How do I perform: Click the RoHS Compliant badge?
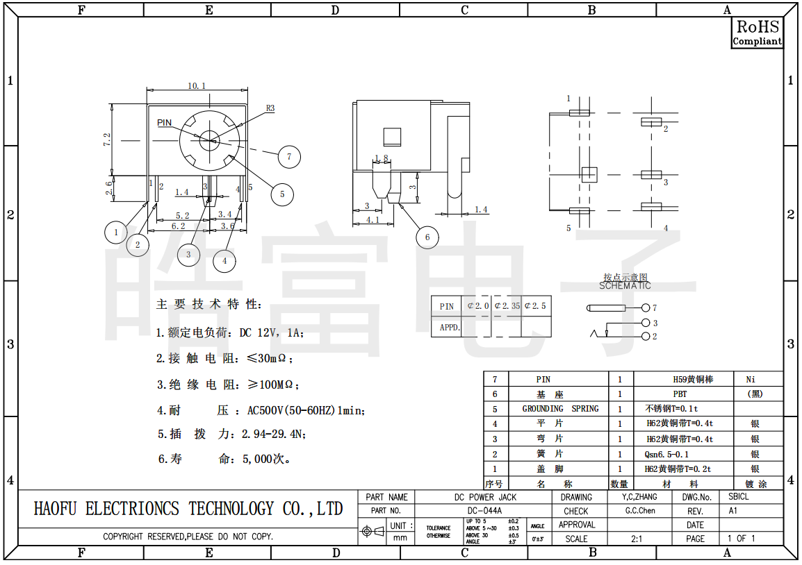click(x=758, y=33)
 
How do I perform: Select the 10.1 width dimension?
click(x=197, y=86)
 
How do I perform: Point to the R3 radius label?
click(x=270, y=108)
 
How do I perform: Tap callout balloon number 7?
click(x=289, y=156)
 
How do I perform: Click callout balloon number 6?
click(x=427, y=237)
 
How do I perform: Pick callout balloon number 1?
click(x=116, y=232)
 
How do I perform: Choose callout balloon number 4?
click(x=224, y=261)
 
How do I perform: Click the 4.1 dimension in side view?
click(x=373, y=220)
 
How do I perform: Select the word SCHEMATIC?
click(x=625, y=285)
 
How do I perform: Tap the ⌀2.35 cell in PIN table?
click(x=507, y=306)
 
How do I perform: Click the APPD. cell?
click(x=450, y=327)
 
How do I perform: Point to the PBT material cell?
click(x=680, y=394)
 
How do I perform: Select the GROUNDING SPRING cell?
click(x=560, y=409)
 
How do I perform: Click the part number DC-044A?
click(x=484, y=511)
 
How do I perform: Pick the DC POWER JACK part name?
click(x=485, y=497)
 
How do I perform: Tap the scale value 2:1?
click(x=636, y=539)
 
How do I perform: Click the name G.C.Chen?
click(x=640, y=511)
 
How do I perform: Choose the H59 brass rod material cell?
click(x=693, y=379)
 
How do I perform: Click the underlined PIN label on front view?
click(x=164, y=123)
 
